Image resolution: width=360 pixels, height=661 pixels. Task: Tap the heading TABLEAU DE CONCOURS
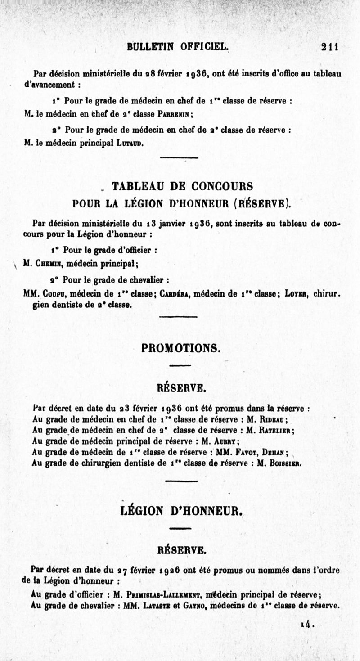(x=182, y=186)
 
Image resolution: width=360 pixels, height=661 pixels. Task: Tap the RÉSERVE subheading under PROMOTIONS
(x=181, y=387)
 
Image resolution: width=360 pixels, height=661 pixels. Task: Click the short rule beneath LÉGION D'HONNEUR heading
(x=181, y=528)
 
